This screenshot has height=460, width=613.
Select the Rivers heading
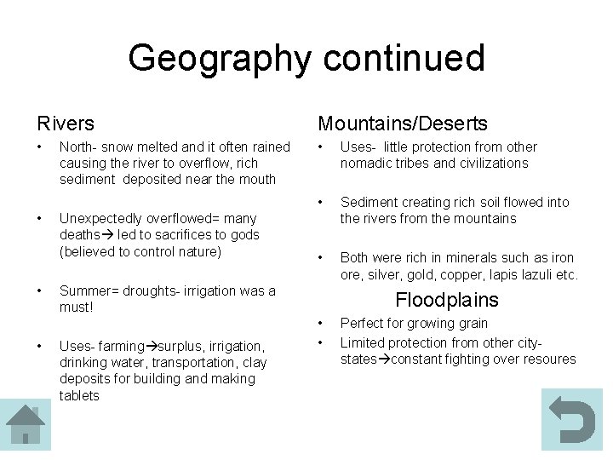[x=66, y=124]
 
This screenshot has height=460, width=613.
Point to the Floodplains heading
[x=447, y=300]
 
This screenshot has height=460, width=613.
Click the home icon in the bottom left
[x=26, y=424]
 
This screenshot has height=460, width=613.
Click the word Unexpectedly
[x=99, y=218]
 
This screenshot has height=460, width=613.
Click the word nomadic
[x=366, y=164]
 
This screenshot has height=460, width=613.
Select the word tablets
[x=79, y=395]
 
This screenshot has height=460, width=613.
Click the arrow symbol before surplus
[x=152, y=346]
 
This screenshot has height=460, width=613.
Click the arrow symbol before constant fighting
[x=384, y=359]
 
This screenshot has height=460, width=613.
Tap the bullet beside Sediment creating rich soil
[x=320, y=202]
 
